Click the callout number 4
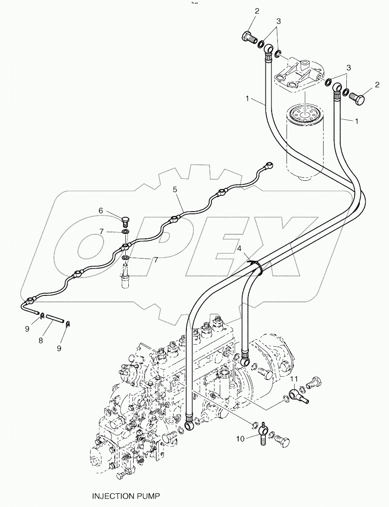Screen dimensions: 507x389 [x=240, y=249]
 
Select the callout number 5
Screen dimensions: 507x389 [x=175, y=190]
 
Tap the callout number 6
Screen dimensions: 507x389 [x=101, y=211]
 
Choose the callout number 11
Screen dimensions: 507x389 [x=294, y=379]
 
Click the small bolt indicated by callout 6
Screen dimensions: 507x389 [x=126, y=219]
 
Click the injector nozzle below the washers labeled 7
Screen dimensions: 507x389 [x=126, y=277]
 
